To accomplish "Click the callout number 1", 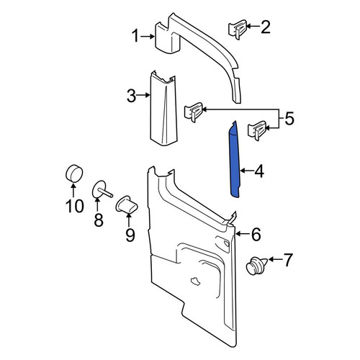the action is point(135,36).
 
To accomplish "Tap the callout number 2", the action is point(266,27).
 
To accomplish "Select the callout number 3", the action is point(132,96).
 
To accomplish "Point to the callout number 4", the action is point(259,171).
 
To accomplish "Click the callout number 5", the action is point(289,118).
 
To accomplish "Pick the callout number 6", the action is point(256,234).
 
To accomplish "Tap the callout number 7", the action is point(288,260).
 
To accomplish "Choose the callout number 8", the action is point(99,220).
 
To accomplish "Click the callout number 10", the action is point(75,206).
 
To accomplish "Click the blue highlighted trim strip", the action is point(235,161).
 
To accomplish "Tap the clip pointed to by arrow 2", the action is point(237,30).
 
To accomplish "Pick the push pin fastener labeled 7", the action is point(256,266).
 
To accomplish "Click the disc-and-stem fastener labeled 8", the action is point(102,189).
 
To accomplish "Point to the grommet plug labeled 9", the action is point(127,204).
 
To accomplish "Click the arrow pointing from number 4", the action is point(246,171).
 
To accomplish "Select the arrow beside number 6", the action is point(243,234).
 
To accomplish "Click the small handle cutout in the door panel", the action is point(195,282).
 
